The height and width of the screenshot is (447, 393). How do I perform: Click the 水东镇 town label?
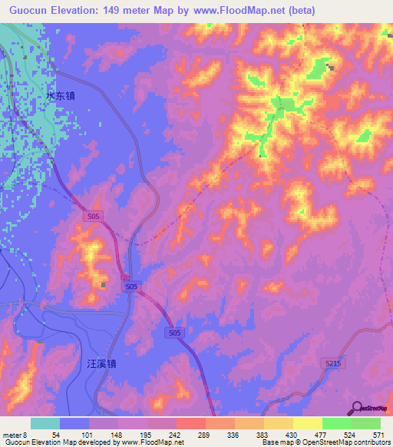61,97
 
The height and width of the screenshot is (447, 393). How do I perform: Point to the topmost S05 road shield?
93,217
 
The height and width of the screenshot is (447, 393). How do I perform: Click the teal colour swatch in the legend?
45,424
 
